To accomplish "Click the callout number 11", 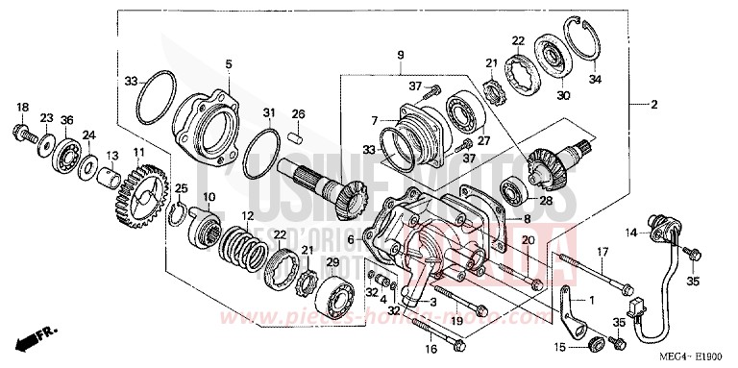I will point(139,152).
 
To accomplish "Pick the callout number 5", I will point(229,64).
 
